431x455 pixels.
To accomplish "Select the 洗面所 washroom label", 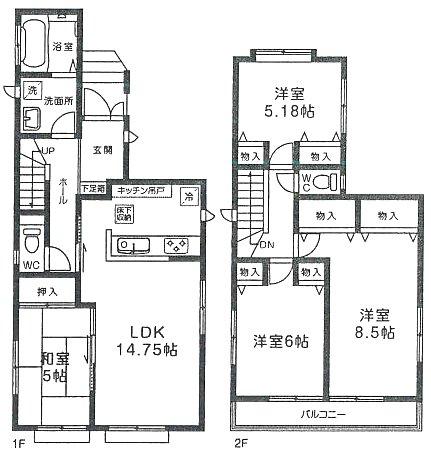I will click(x=56, y=101).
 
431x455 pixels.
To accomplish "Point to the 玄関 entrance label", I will click(x=103, y=150).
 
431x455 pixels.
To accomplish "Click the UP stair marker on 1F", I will click(x=45, y=151).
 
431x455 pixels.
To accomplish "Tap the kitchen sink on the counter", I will click(x=134, y=246).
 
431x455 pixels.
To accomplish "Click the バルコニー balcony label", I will click(x=321, y=413).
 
